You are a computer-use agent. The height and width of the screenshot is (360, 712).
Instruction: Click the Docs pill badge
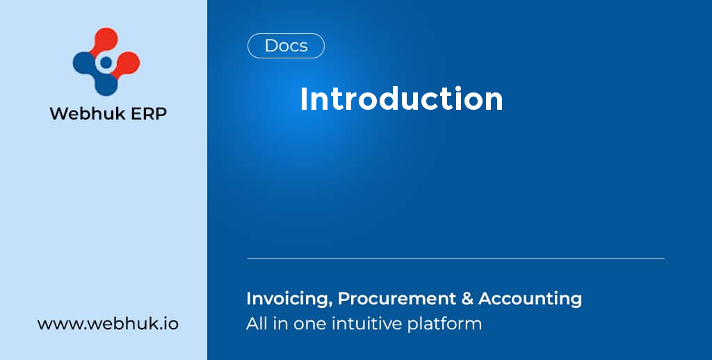tap(286, 46)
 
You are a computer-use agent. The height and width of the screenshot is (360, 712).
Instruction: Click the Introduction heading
tap(401, 99)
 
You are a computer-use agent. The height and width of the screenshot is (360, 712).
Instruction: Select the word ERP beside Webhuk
tap(146, 113)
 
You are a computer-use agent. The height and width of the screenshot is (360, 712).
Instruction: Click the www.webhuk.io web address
tap(108, 324)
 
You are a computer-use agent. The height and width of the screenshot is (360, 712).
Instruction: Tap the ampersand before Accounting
tap(467, 299)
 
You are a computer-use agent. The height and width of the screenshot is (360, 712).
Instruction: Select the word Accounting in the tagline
tap(530, 299)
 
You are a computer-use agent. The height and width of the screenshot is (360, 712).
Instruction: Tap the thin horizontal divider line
tap(455, 259)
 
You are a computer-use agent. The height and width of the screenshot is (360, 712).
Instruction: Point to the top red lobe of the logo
tap(106, 40)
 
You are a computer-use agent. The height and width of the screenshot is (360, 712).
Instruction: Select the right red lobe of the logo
tap(128, 63)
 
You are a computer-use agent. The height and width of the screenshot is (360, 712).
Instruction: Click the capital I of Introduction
tap(303, 99)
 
